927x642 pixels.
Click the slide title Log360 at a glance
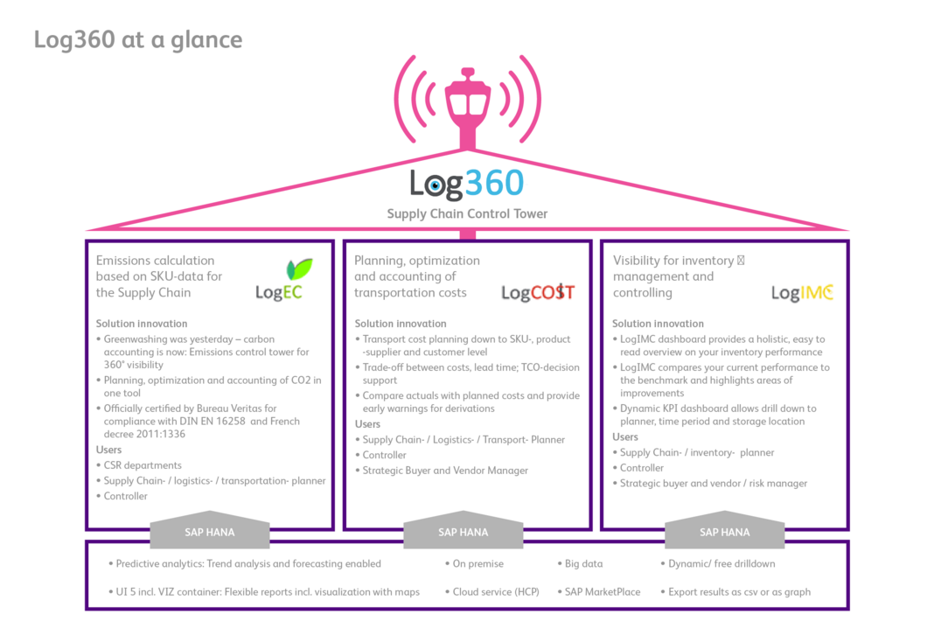pos(137,40)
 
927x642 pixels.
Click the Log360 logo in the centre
pos(467,183)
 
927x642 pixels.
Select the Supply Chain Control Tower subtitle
pos(467,213)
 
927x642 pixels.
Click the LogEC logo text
pos(278,293)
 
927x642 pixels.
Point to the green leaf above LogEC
pos(299,269)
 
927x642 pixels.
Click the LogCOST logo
pos(537,293)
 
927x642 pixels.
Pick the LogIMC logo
pos(802,293)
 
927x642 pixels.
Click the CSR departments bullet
pos(142,465)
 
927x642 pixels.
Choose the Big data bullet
pos(583,564)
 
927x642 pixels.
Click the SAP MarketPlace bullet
pos(602,592)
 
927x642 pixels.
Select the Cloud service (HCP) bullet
pos(495,592)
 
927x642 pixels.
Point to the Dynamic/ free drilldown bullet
pos(721,564)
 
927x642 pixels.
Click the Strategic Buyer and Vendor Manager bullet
pos(445,471)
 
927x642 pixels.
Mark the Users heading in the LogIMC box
pos(625,436)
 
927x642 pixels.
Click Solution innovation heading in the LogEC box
pos(142,324)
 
